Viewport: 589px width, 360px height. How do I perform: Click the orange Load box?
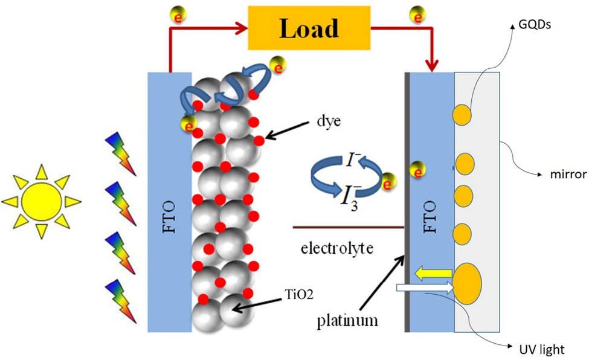click(309, 28)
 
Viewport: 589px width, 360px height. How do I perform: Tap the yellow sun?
click(41, 202)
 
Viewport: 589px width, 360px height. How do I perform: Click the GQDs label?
click(535, 25)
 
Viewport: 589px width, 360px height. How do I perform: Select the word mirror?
click(568, 175)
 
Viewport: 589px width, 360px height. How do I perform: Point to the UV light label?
click(542, 350)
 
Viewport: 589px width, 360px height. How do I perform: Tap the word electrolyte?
click(337, 248)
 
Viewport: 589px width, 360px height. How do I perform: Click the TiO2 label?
click(299, 294)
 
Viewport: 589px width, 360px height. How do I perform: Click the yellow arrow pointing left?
click(433, 273)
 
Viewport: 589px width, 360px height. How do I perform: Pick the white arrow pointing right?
click(425, 288)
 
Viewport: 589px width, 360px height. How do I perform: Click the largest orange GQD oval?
click(468, 283)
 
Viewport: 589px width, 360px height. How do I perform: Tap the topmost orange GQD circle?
click(462, 115)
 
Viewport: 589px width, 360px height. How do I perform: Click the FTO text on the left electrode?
click(169, 217)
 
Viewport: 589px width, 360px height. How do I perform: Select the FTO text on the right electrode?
click(430, 217)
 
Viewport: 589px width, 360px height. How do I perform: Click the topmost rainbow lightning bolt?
click(121, 153)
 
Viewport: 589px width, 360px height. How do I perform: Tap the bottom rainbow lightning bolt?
click(121, 301)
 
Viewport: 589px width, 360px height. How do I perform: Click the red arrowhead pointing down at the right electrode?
click(433, 66)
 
